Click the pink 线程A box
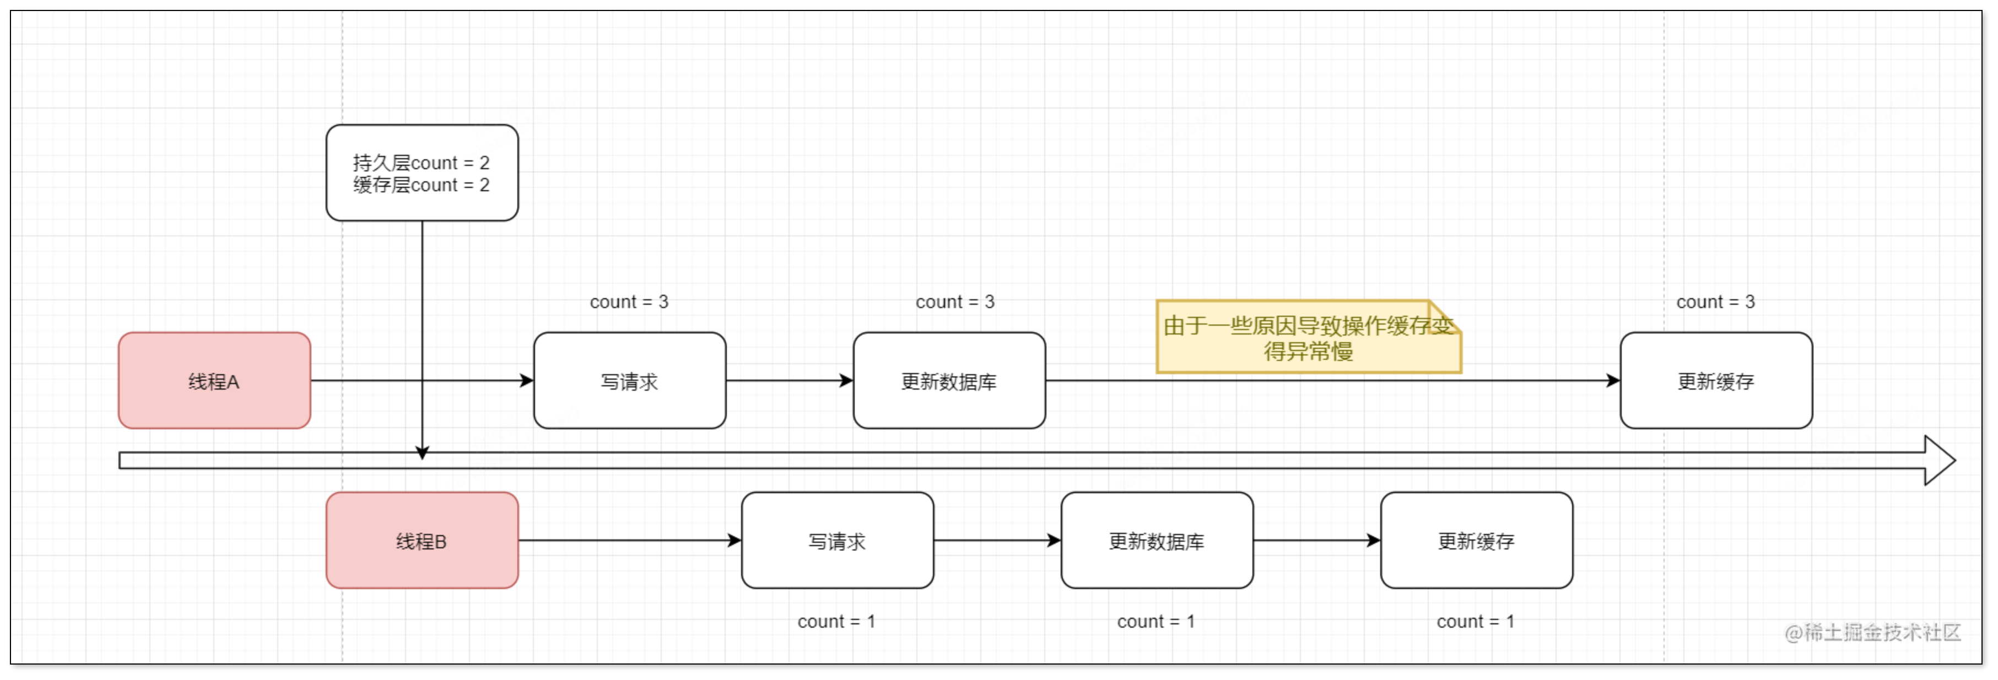pos(214,381)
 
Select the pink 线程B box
pos(422,541)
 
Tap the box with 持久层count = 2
pos(422,173)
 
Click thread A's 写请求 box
pos(629,381)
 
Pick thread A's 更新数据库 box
pos(949,381)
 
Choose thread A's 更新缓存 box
pos(1716,381)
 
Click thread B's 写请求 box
pos(837,541)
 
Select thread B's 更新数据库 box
pos(1157,541)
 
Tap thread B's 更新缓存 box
pos(1476,541)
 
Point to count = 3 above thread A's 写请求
pos(629,301)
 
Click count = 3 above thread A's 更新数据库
pos(955,301)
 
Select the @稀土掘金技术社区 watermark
pos(1872,633)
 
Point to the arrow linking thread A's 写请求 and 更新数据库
pos(789,381)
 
